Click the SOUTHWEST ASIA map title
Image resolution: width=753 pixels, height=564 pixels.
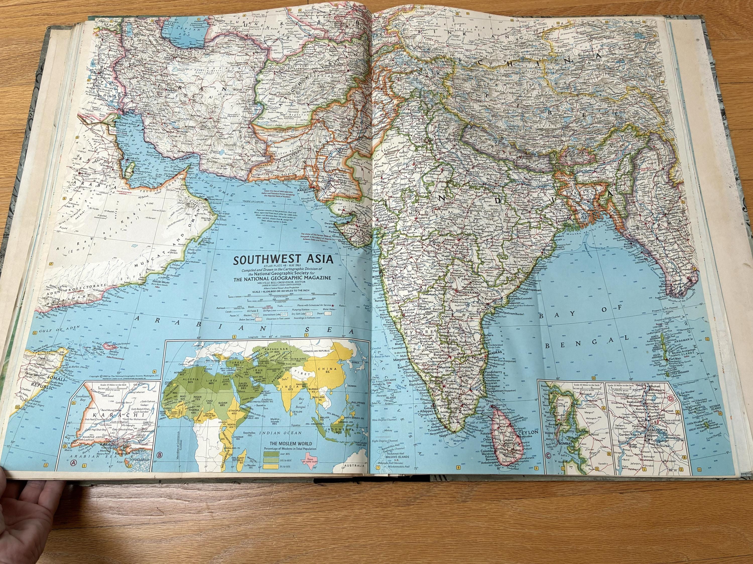283,260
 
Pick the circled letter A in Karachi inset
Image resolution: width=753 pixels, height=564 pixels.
73,472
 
